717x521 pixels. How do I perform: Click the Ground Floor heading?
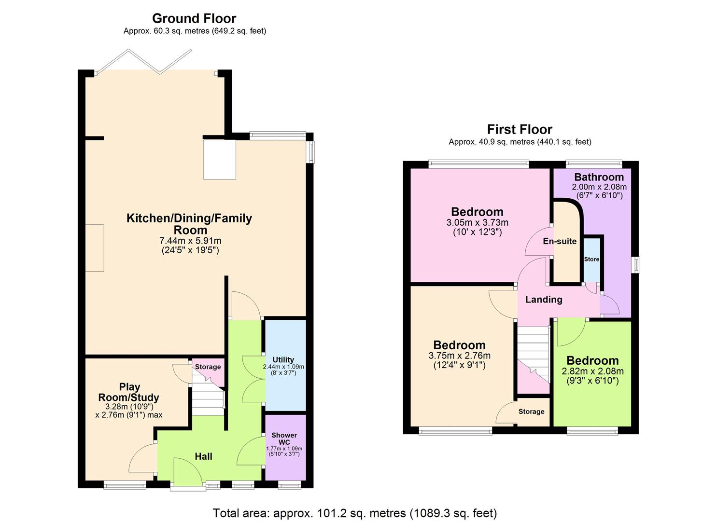[x=194, y=18]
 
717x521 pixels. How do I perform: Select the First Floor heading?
[x=520, y=129]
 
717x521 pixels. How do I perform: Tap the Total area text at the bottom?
[x=355, y=513]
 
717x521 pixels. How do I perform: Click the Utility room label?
[x=283, y=360]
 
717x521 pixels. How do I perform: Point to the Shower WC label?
[x=284, y=439]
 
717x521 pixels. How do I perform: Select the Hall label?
[x=203, y=456]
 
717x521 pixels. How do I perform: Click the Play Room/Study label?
[x=129, y=392]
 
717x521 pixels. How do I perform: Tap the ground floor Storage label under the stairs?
[x=208, y=367]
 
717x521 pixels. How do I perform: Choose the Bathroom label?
[x=599, y=177]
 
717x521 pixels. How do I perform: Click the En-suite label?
[x=560, y=241]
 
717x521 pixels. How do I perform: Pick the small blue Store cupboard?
[x=591, y=260]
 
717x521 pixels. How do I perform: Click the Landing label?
[x=544, y=300]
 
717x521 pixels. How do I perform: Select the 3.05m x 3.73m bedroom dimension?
[x=477, y=223]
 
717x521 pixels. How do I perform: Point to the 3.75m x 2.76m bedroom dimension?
[x=459, y=356]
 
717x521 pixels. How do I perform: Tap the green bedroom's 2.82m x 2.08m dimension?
[x=592, y=371]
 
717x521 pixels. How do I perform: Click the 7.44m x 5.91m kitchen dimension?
[x=190, y=241]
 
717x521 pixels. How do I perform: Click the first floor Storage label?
[x=531, y=411]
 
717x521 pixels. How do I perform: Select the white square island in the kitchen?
[x=220, y=159]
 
